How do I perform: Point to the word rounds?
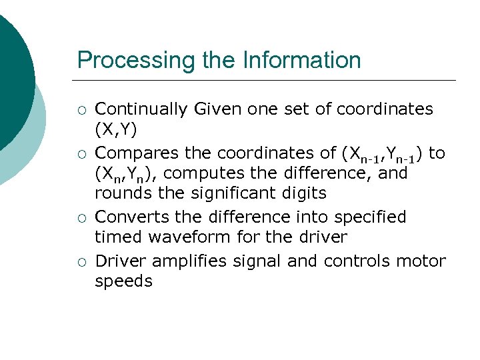pyautogui.click(x=118, y=193)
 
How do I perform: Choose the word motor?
pyautogui.click(x=423, y=261)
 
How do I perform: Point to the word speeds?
pyautogui.click(x=124, y=281)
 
